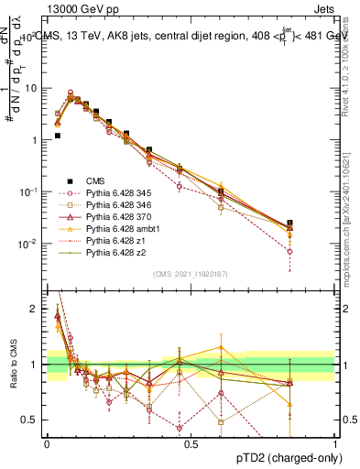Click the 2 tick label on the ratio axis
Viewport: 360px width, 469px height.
(x=34, y=310)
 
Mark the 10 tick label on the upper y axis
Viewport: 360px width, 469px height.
(x=30, y=88)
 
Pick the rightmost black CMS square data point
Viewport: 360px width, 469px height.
(x=289, y=223)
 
